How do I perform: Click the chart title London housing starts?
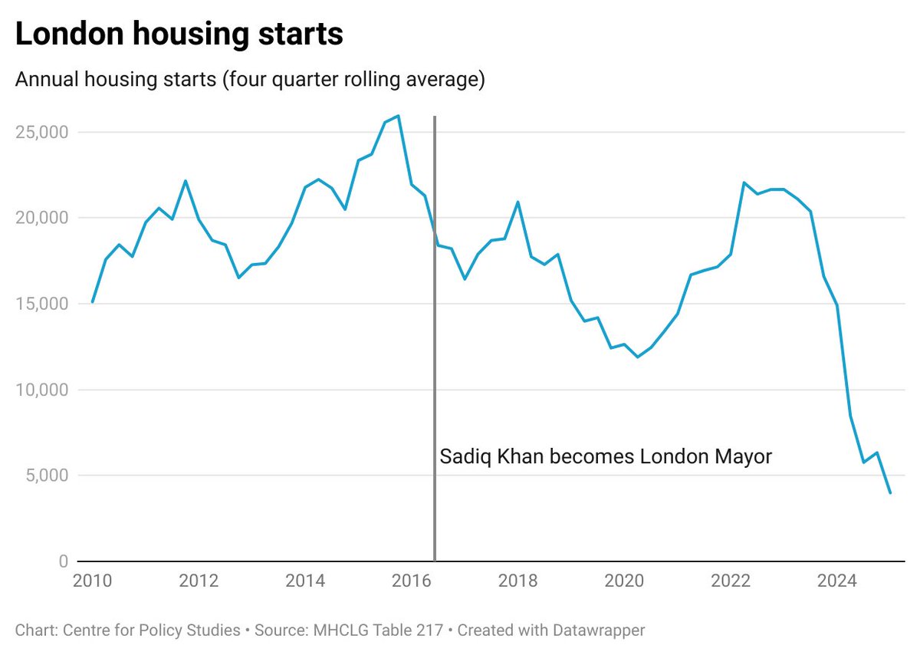179,35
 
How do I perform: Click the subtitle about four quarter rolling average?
250,81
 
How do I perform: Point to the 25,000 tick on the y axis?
42,132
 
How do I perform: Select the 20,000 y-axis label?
42,218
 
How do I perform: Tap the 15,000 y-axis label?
42,304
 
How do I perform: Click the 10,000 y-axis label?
42,390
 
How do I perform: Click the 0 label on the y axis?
64,561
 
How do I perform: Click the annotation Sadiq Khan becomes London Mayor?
606,457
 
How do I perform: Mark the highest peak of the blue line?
398,116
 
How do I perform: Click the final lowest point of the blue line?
890,493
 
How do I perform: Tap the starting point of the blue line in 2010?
92,302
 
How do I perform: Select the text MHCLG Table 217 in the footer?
378,630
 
